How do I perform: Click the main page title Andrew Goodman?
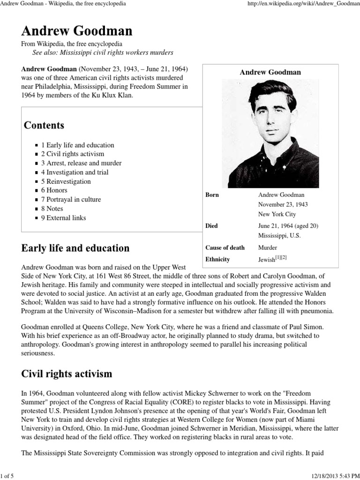pyautogui.click(x=77, y=31)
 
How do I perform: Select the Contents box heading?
pyautogui.click(x=44, y=125)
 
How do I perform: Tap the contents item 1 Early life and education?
pyautogui.click(x=77, y=145)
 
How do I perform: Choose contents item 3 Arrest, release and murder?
pyautogui.click(x=81, y=163)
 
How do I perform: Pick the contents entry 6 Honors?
pyautogui.click(x=54, y=190)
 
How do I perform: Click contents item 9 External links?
pyautogui.click(x=63, y=217)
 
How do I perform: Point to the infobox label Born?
pyautogui.click(x=212, y=195)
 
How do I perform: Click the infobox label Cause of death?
pyautogui.click(x=225, y=247)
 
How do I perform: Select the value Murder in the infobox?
pyautogui.click(x=268, y=247)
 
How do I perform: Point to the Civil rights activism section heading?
pyautogui.click(x=67, y=374)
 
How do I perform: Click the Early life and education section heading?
pyautogui.click(x=75, y=248)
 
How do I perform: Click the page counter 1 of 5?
pyautogui.click(x=8, y=476)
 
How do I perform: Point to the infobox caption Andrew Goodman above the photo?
pyautogui.click(x=270, y=72)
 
